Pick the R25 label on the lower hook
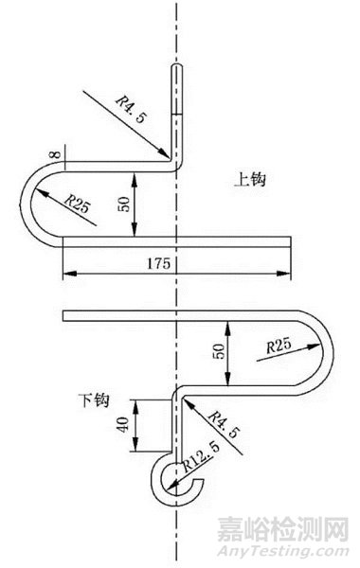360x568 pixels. coord(279,347)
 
